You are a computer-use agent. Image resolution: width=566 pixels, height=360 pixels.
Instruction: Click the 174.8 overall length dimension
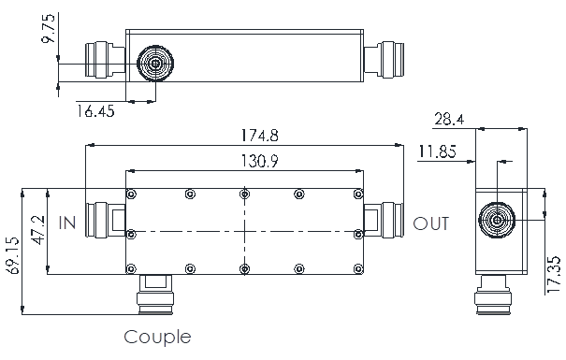tap(259, 136)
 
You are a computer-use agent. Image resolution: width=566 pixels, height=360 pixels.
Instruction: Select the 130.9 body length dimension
tap(259, 161)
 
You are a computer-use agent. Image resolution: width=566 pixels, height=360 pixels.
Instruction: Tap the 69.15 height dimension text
tap(13, 255)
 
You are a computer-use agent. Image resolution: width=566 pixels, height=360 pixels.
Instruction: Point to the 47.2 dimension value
tap(38, 230)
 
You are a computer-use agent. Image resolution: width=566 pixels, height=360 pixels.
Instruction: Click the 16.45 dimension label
tap(95, 111)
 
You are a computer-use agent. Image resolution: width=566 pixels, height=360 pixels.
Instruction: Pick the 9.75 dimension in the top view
tap(49, 28)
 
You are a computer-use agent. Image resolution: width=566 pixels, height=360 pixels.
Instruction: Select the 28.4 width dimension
tap(449, 119)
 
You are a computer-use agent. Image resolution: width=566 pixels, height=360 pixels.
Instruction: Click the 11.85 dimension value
tap(437, 151)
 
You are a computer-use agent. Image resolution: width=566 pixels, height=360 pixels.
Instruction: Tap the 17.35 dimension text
tap(554, 275)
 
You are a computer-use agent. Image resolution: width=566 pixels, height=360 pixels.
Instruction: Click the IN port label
tap(67, 223)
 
